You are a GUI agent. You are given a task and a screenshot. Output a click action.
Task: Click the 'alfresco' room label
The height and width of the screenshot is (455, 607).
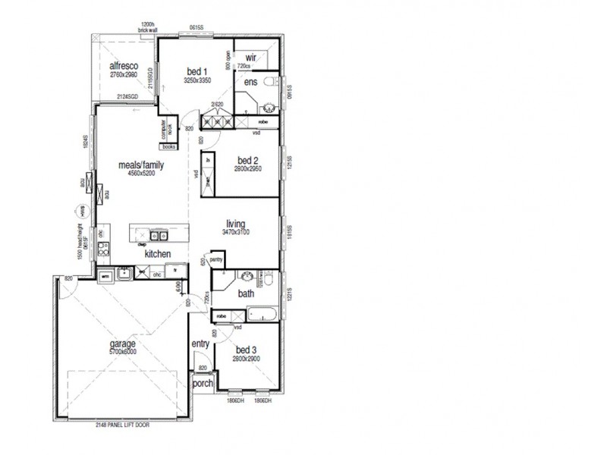122,66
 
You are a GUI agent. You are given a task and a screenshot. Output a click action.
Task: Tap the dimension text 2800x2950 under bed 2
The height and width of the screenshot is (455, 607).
248,169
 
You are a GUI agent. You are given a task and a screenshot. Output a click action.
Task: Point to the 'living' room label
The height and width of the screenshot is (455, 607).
236,223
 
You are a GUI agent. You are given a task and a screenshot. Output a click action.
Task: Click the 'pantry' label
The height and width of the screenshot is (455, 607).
216,260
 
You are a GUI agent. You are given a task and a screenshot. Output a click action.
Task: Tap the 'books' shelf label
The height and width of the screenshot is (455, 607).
168,146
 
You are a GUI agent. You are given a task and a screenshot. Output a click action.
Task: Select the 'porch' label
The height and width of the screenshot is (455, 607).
202,384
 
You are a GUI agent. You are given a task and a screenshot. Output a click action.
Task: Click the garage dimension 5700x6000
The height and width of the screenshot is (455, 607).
121,352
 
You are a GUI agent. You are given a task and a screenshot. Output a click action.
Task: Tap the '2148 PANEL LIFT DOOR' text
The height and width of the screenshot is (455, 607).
121,425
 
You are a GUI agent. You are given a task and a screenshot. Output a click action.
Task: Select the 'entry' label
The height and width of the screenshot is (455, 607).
200,344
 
